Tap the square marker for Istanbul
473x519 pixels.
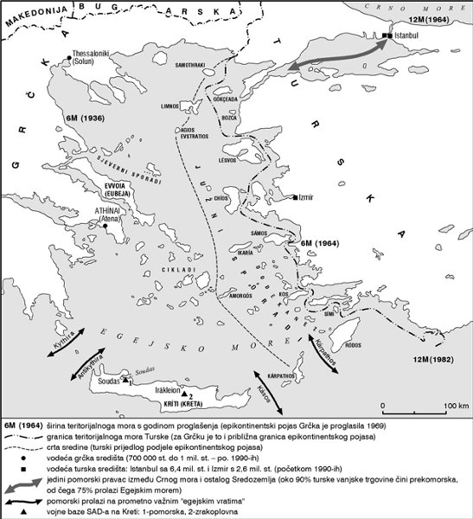pyautogui.click(x=385, y=35)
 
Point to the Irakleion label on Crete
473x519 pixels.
pyautogui.click(x=169, y=389)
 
